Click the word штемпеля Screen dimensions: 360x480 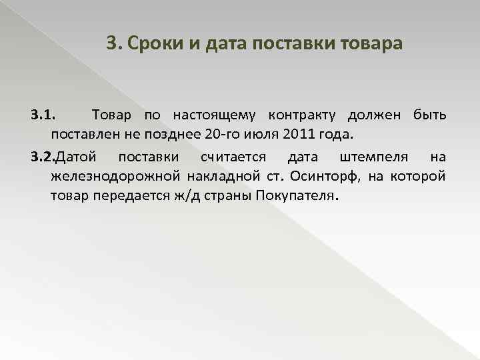[373, 157]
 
